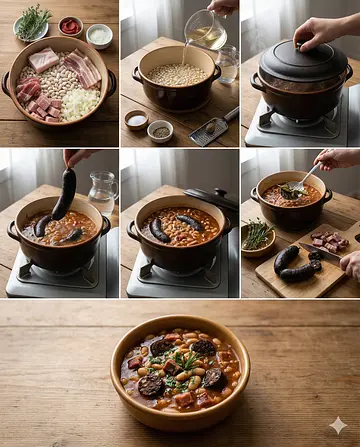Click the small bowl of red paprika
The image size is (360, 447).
71,26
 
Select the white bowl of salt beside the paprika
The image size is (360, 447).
99,35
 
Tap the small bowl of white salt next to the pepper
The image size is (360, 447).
136,120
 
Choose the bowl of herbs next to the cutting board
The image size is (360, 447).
257,237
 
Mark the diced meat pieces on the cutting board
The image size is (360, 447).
328,241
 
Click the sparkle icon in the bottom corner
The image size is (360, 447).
338,425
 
